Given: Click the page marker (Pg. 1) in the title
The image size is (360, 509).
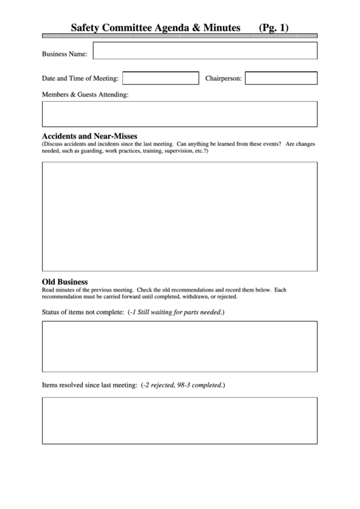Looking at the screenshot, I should pos(274,28).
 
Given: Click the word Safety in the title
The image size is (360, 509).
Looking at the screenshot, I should pos(88,28).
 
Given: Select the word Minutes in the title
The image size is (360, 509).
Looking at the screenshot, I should pos(219,28).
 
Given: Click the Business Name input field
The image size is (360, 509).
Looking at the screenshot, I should pos(204,51).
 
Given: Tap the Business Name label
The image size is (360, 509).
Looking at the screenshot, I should pos(65,53).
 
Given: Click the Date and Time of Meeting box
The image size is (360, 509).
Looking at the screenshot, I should pos(160,78).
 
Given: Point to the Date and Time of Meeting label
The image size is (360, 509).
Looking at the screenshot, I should pos(80,79).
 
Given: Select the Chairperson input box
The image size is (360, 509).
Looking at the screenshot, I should pos(281,78).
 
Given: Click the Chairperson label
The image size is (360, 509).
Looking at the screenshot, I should pos(223,79).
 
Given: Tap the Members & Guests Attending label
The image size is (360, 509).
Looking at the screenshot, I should pos(85,95).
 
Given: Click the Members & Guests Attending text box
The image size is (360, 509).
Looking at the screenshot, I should pos(179,114).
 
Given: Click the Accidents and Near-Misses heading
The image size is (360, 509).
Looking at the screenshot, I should pos(90,136).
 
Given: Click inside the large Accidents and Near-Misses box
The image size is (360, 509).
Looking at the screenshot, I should pos(179,216).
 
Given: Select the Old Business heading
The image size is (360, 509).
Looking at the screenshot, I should pos(65,281).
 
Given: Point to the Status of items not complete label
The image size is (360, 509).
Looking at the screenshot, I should pos(83,312).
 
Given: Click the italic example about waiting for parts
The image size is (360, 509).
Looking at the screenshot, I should pos(176,312).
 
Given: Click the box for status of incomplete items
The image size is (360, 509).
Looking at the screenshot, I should pos(179,346).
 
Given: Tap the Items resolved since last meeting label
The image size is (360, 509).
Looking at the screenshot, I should pos(90,385).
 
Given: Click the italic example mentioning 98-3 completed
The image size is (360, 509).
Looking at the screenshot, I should pos(183,385).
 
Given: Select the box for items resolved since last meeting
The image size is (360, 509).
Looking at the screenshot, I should pos(179,420).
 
